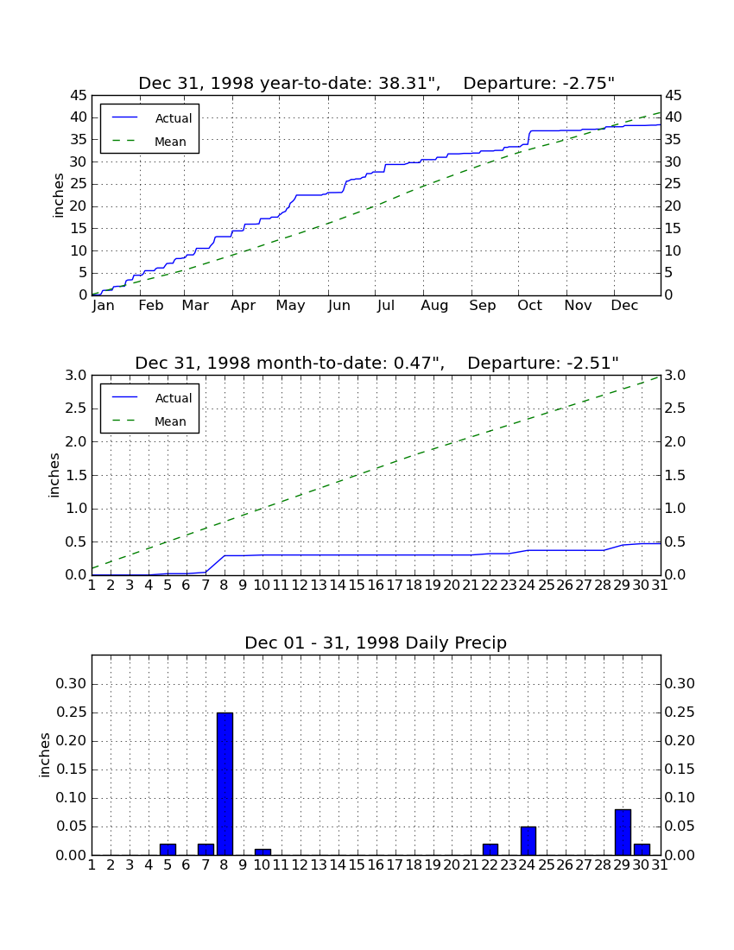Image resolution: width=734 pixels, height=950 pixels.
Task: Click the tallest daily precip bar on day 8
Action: pos(225,784)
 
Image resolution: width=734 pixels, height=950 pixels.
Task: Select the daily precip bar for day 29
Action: pos(623,833)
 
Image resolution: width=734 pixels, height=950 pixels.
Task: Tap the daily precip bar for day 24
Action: pos(528,841)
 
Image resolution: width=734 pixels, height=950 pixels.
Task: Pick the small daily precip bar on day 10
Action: pos(263,852)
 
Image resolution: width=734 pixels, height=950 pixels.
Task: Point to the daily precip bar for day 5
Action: pos(168,850)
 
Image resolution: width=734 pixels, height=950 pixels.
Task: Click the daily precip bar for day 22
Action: pos(490,850)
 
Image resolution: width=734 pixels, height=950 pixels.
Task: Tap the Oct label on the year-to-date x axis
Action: pos(530,306)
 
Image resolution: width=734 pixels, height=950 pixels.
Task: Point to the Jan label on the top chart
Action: pos(104,306)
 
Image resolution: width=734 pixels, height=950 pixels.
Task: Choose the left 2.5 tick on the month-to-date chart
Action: pos(76,408)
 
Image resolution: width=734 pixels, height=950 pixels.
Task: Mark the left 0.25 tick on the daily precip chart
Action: pos(71,712)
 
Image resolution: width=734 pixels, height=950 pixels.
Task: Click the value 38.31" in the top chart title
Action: pos(409,84)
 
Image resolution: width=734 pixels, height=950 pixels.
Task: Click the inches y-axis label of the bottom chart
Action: pos(44,755)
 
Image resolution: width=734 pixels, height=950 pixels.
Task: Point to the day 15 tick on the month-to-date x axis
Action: pos(357,586)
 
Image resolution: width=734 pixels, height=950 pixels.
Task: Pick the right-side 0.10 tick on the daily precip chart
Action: pos(680,798)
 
